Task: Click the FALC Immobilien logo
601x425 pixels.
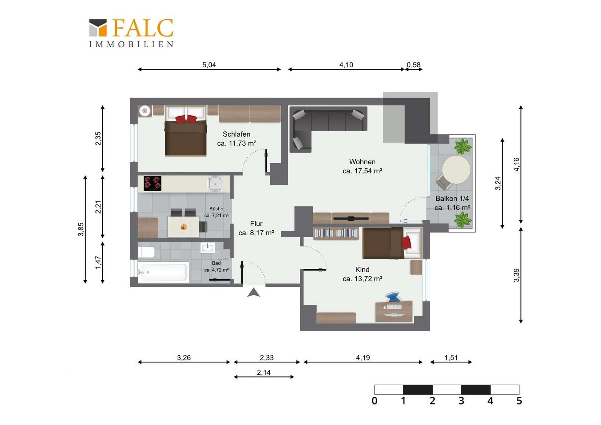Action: pos(131,33)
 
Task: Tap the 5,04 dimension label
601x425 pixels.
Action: pos(209,65)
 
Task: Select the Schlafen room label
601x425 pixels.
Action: pos(236,134)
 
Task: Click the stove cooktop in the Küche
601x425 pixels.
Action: pos(152,183)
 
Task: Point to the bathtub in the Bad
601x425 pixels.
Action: pos(163,272)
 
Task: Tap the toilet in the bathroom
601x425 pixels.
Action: pos(146,252)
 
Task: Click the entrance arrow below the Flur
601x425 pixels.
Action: pos(254,293)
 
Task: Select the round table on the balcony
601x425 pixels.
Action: pos(456,170)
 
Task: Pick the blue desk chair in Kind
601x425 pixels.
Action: pos(394,297)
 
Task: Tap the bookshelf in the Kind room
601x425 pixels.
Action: pos(336,234)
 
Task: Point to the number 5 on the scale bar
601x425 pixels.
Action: pos(519,401)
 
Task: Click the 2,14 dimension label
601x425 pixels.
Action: pos(264,373)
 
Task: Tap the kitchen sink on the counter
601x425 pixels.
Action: pos(215,184)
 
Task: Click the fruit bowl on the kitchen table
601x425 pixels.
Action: pos(184,227)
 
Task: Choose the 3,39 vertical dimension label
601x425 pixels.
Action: pos(516,275)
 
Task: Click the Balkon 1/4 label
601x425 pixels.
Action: pos(452,199)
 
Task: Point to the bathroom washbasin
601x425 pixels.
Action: pos(207,248)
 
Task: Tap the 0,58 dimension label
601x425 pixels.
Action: pos(413,65)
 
